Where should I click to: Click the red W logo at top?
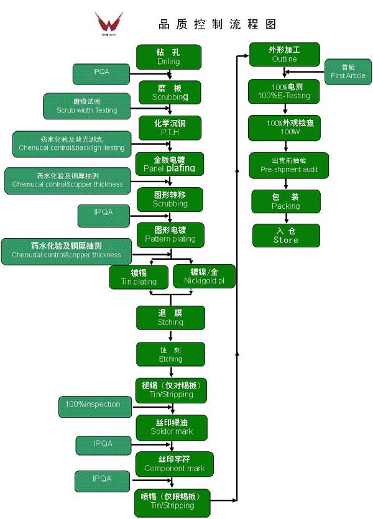109,22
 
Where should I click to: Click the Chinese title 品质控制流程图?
217,24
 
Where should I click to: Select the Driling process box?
168,57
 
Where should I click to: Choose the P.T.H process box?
170,127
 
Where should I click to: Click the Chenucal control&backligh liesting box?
71,144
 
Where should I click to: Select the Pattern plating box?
170,234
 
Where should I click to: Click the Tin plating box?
139,277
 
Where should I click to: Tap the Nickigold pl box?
203,277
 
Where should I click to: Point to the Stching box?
170,318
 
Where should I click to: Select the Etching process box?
170,354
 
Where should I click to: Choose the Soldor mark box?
172,427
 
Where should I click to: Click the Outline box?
284,54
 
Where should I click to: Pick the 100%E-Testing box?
284,91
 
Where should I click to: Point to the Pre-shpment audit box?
284,165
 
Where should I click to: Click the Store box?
285,235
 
